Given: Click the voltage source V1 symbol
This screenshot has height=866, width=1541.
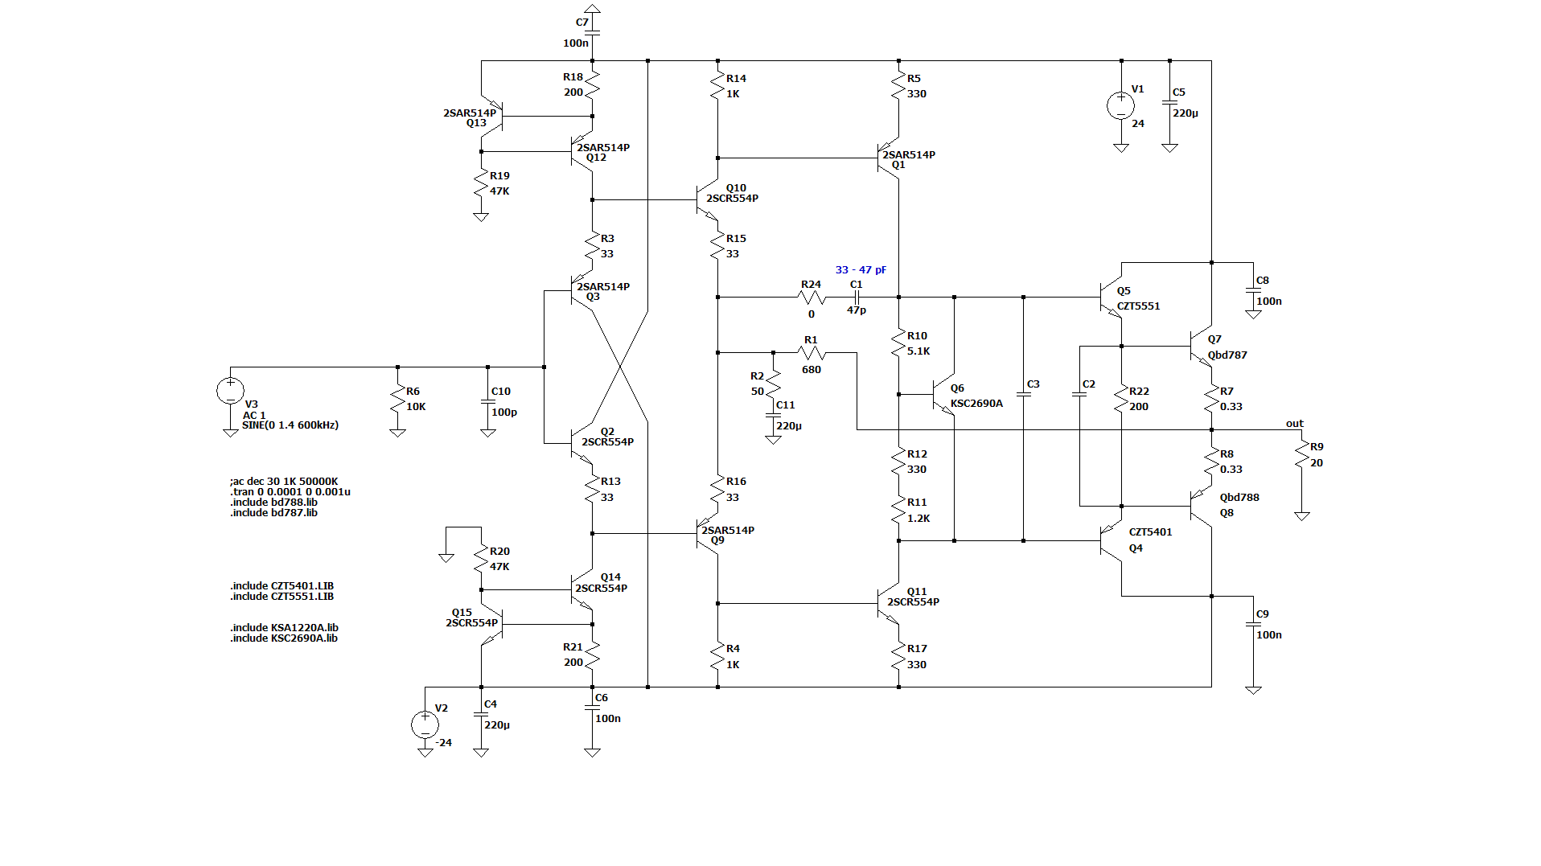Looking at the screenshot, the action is point(1120,105).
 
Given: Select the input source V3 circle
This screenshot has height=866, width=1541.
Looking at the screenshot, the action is point(230,391).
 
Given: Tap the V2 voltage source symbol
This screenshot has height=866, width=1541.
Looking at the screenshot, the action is point(425,724).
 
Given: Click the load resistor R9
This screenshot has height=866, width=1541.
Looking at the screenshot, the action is point(1302,457).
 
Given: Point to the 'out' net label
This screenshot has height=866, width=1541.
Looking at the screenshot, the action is point(1294,424).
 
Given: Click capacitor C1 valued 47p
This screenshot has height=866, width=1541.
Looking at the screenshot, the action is point(857,298).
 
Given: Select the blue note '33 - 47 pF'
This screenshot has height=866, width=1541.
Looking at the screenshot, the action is point(861,270).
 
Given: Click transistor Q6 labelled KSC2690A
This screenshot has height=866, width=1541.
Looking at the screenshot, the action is point(943,395).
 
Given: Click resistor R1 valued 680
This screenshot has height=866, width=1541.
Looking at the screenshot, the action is point(812,352).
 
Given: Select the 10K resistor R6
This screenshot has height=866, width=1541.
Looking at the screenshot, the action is point(397,400).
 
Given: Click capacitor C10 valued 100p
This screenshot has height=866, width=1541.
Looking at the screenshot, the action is point(487,402).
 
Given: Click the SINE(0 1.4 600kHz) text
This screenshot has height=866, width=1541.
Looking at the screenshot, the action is point(290,425).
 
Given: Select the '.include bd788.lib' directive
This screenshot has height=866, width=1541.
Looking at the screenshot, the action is point(273,503).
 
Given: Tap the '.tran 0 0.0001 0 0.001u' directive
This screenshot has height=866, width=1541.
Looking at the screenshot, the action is point(290,492).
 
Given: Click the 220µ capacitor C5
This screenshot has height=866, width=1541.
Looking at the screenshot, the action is point(1170,104).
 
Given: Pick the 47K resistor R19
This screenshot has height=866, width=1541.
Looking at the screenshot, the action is point(481,184).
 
